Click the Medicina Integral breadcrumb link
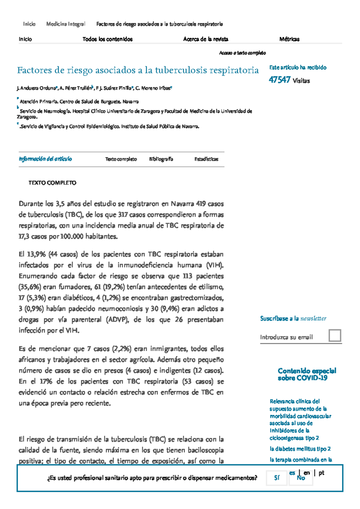pyautogui.click(x=66, y=24)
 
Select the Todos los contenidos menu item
pyautogui.click(x=107, y=39)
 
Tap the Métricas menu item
pyautogui.click(x=289, y=39)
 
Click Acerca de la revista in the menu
pyautogui.click(x=205, y=39)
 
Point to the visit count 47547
pyautogui.click(x=279, y=80)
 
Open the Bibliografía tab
pyautogui.click(x=161, y=159)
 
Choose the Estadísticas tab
pyautogui.click(x=206, y=159)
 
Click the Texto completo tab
pyautogui.click(x=121, y=159)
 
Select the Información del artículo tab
pyautogui.click(x=45, y=159)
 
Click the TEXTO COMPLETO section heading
pyautogui.click(x=52, y=183)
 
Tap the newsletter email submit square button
pyautogui.click(x=335, y=335)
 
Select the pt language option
pyautogui.click(x=321, y=473)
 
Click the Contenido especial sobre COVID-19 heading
pyautogui.click(x=307, y=374)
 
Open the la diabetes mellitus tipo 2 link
pyautogui.click(x=300, y=449)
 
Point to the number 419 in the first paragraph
pyautogui.click(x=201, y=204)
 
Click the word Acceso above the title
pyautogui.click(x=225, y=53)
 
